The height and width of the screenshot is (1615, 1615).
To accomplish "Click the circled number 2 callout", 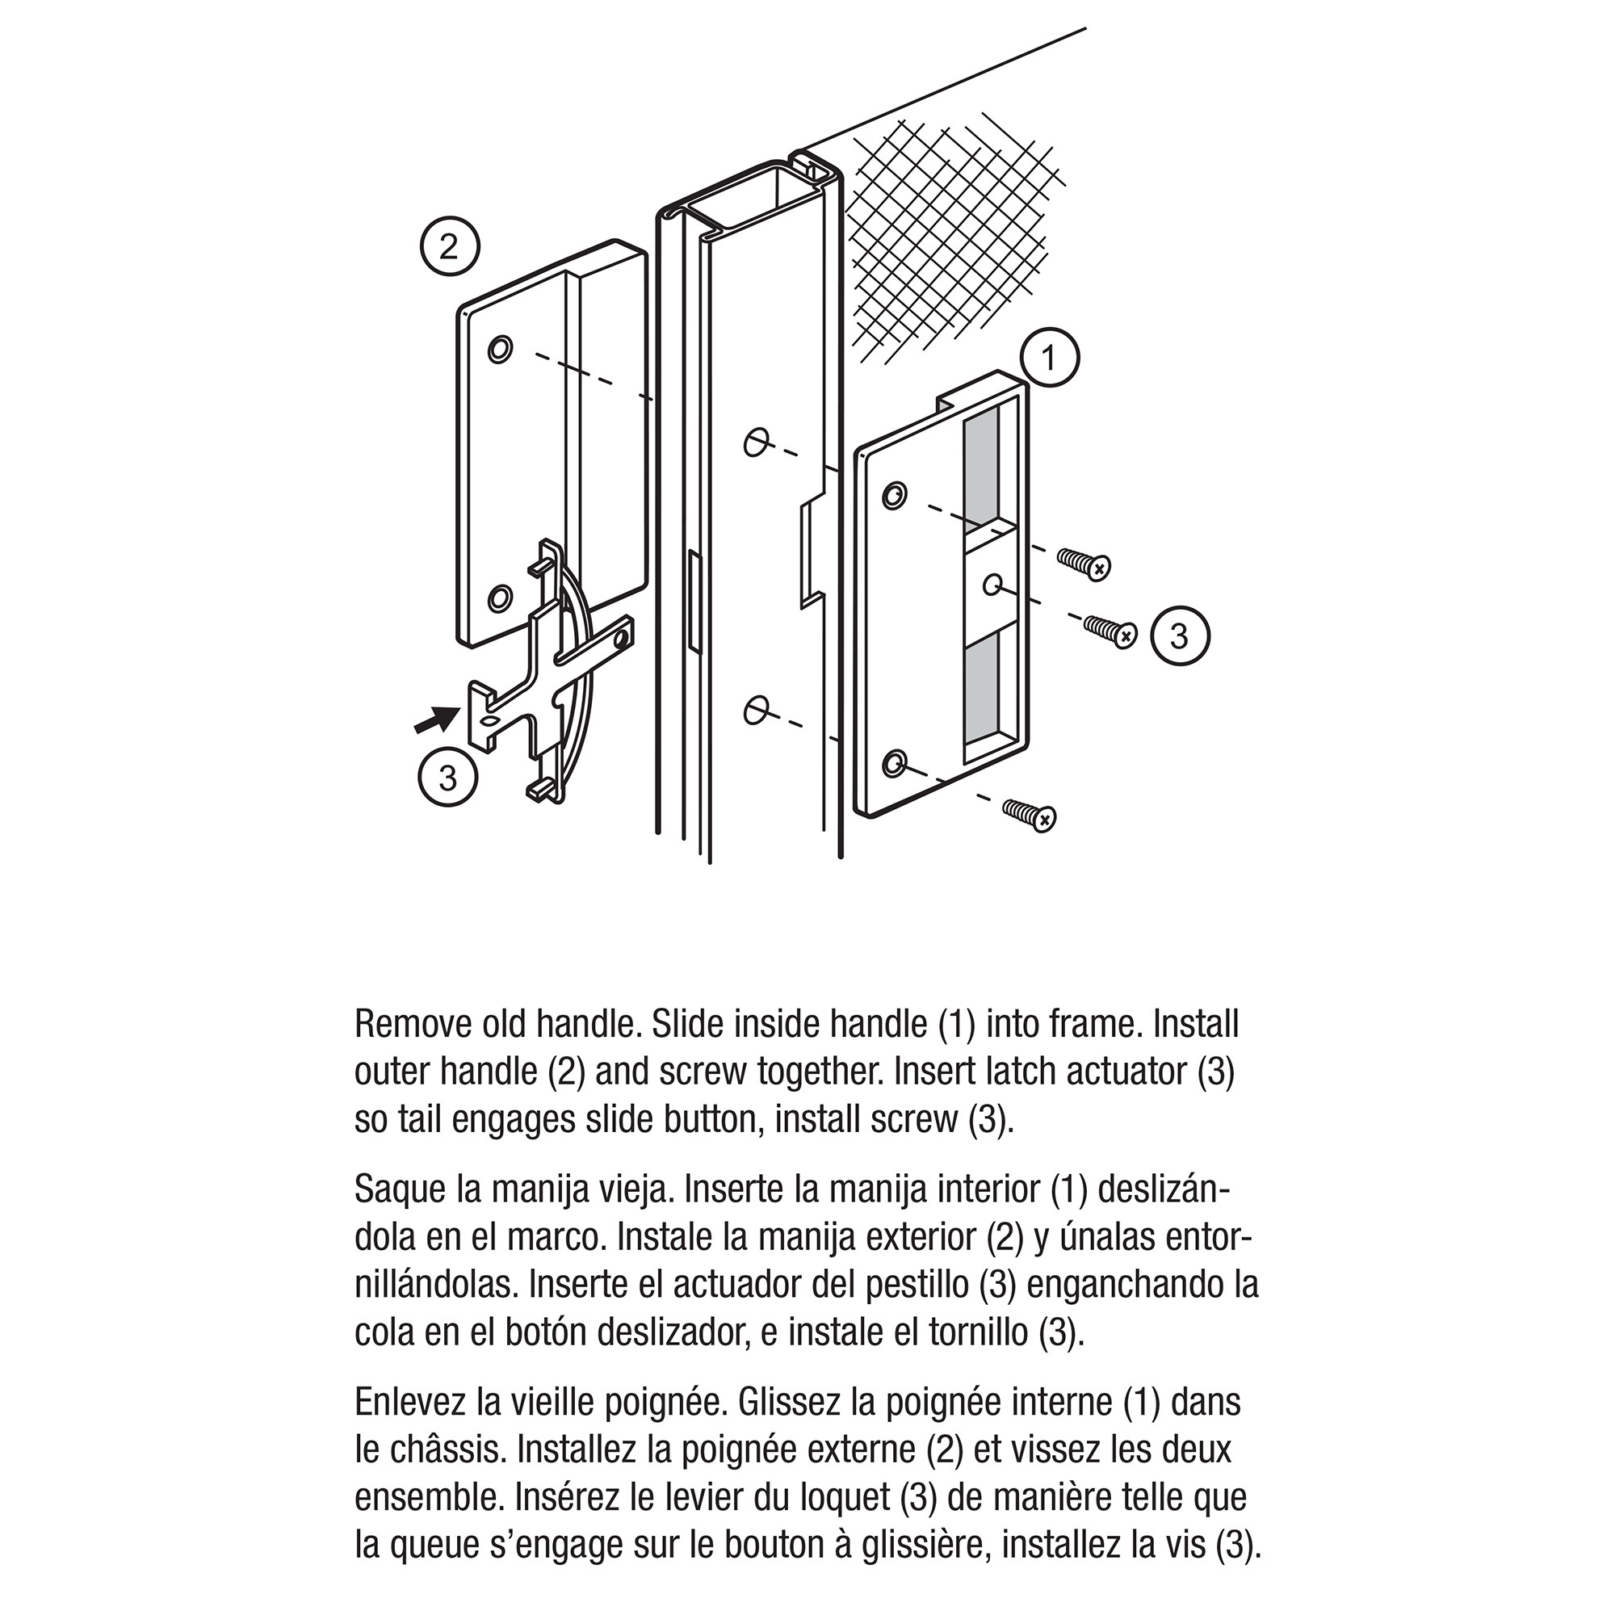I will click(x=448, y=247).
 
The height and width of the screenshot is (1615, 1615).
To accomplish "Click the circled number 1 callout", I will click(x=1049, y=358).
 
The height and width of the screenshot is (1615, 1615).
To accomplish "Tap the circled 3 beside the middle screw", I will click(x=1180, y=636).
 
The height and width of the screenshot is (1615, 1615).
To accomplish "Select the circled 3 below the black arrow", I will click(x=448, y=778).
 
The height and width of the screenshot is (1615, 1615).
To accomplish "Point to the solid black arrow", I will click(x=437, y=719).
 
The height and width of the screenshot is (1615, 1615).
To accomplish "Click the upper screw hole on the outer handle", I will click(x=500, y=348).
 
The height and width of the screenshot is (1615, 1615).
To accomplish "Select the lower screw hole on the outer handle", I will click(x=500, y=598).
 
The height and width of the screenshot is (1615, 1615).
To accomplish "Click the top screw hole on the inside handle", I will click(x=896, y=495).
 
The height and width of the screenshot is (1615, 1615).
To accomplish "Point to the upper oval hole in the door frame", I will click(x=755, y=443).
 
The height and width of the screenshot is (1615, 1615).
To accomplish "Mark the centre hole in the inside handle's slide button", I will click(x=993, y=585).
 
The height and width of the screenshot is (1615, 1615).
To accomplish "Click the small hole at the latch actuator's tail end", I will click(x=620, y=640).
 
